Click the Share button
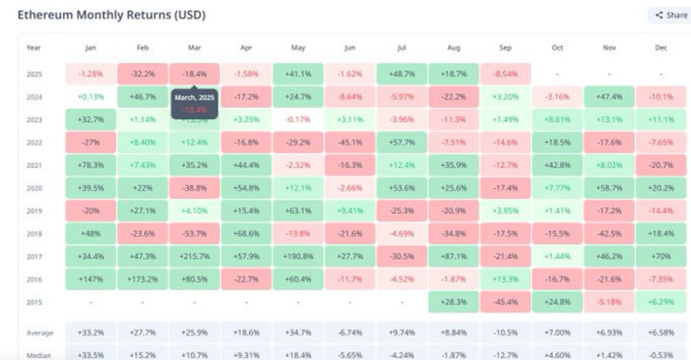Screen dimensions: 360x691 click(671, 16)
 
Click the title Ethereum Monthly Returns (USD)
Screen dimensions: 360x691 click(111, 15)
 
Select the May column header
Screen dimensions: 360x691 click(298, 48)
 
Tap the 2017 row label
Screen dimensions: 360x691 click(34, 256)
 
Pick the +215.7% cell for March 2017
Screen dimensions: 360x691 click(194, 256)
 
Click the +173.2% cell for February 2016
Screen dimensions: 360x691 click(142, 279)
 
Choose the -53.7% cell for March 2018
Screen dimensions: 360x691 click(194, 234)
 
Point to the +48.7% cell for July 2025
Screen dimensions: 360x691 click(401, 74)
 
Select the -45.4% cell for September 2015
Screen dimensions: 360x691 click(505, 302)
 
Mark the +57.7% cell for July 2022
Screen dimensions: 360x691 click(401, 142)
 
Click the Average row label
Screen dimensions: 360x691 click(40, 333)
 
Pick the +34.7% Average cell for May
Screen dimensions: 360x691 click(298, 333)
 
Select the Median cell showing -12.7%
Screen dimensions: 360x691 click(505, 355)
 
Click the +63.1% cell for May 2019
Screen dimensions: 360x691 click(298, 211)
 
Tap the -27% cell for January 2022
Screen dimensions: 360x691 click(90, 142)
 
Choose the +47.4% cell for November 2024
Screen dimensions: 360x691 click(609, 97)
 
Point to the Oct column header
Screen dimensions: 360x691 click(557, 48)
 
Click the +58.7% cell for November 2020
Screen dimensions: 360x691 click(609, 188)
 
